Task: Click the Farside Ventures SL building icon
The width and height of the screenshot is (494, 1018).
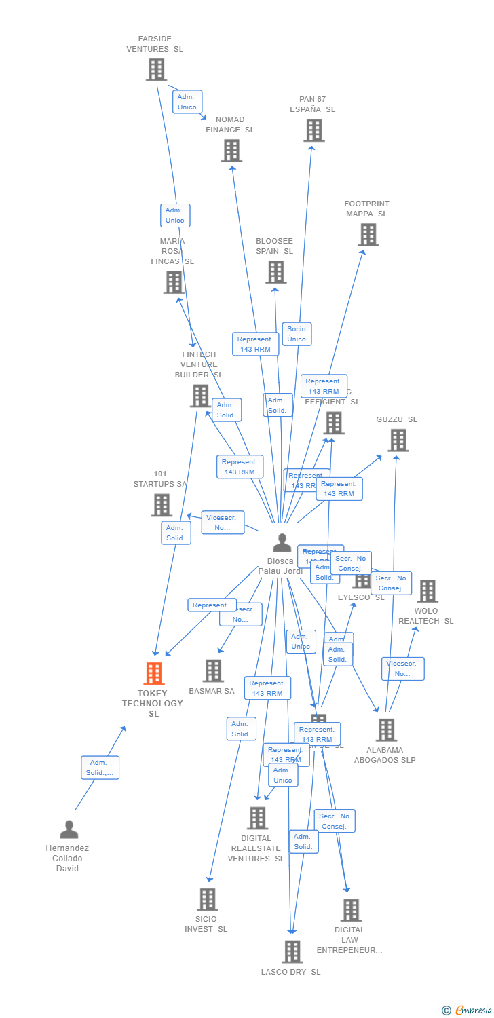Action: click(156, 69)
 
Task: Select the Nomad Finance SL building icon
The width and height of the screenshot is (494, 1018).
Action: click(231, 150)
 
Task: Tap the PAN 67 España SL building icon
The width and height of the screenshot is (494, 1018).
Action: click(313, 130)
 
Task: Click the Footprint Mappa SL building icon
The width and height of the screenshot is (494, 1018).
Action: click(368, 235)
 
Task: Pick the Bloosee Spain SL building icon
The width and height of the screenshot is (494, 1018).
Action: click(275, 272)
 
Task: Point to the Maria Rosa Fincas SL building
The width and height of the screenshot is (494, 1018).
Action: click(174, 282)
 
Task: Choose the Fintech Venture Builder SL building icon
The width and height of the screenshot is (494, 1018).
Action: click(200, 396)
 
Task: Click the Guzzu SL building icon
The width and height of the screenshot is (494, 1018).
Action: click(398, 440)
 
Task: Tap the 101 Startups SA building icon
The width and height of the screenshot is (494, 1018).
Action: click(161, 505)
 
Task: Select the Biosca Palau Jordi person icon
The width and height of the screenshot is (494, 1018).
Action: click(282, 543)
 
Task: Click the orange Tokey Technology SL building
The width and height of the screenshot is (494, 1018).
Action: click(154, 673)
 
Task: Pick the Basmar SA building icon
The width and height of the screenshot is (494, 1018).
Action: click(213, 671)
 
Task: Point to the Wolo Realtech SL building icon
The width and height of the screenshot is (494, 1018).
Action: click(427, 591)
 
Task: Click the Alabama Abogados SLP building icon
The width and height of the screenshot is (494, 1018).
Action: click(385, 730)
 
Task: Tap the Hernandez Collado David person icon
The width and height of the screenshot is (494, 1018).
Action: click(69, 829)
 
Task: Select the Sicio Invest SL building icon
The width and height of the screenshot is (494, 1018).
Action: click(207, 899)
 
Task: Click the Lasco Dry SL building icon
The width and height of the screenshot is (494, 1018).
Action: click(292, 951)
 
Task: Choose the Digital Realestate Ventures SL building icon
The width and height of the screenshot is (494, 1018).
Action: click(257, 818)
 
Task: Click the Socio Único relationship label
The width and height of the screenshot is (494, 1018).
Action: click(297, 334)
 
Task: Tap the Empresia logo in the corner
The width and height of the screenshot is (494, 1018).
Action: click(468, 1010)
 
